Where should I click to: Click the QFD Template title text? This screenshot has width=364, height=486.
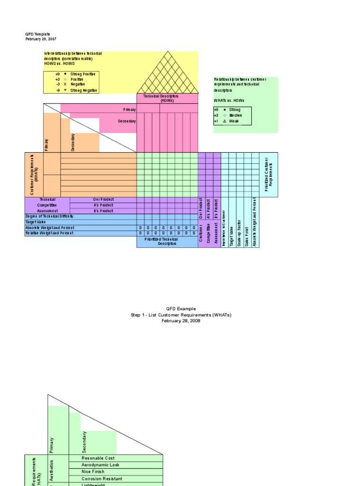click(37, 34)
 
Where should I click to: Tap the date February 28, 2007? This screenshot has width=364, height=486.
click(41, 39)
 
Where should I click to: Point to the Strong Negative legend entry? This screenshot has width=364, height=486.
click(83, 90)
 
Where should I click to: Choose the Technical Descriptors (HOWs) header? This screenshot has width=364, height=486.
click(167, 98)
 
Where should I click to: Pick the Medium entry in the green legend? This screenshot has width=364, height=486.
click(235, 115)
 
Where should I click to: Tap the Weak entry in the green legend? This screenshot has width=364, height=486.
click(234, 121)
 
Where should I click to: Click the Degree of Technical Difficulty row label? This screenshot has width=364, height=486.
click(49, 216)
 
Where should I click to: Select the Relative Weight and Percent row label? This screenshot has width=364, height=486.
click(49, 233)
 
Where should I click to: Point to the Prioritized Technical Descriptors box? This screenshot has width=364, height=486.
click(167, 242)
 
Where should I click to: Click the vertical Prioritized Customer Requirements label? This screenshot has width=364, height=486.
click(269, 175)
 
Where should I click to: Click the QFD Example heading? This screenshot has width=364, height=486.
click(181, 308)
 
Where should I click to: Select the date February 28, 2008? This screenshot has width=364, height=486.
click(181, 321)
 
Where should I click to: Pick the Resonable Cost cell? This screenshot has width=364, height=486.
click(98, 458)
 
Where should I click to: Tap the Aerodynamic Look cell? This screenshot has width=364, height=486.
click(101, 465)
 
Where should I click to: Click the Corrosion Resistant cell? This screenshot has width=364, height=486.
click(102, 479)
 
